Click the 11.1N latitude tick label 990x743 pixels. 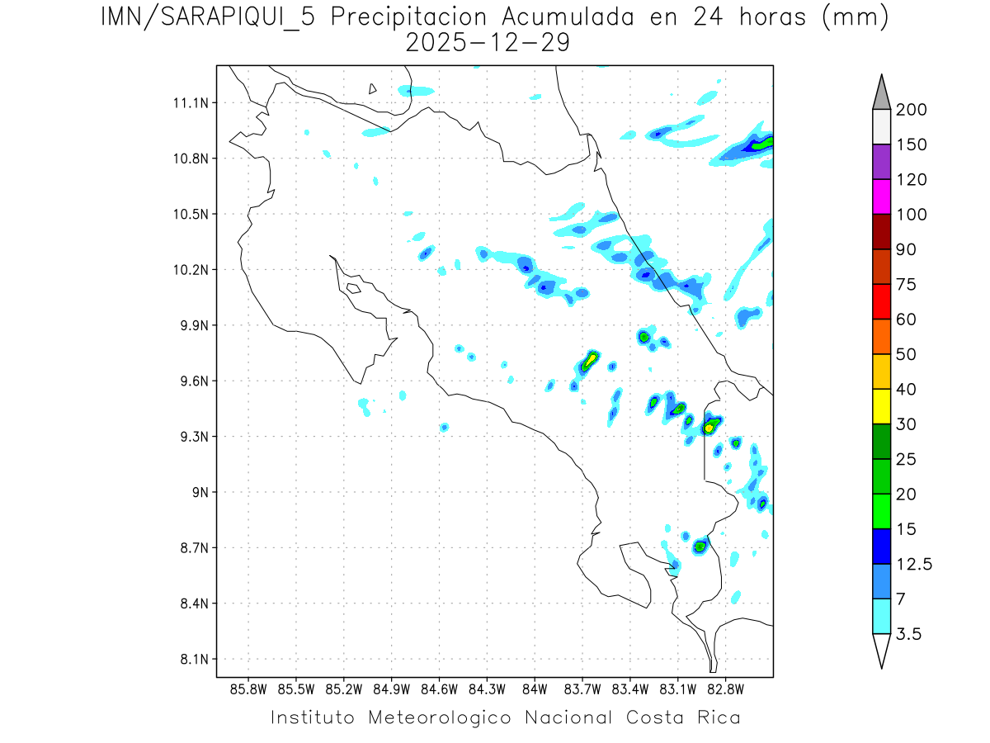coord(189,103)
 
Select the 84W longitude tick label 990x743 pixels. coord(535,689)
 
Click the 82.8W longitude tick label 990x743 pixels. coord(725,689)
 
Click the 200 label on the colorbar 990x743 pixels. coord(911,110)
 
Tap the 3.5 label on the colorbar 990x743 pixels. coord(908,634)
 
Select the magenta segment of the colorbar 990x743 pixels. coord(881,197)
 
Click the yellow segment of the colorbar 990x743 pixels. coord(881,406)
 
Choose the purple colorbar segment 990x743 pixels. coord(881,162)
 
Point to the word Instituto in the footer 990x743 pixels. coord(313,717)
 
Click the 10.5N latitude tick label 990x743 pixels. coord(189,215)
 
